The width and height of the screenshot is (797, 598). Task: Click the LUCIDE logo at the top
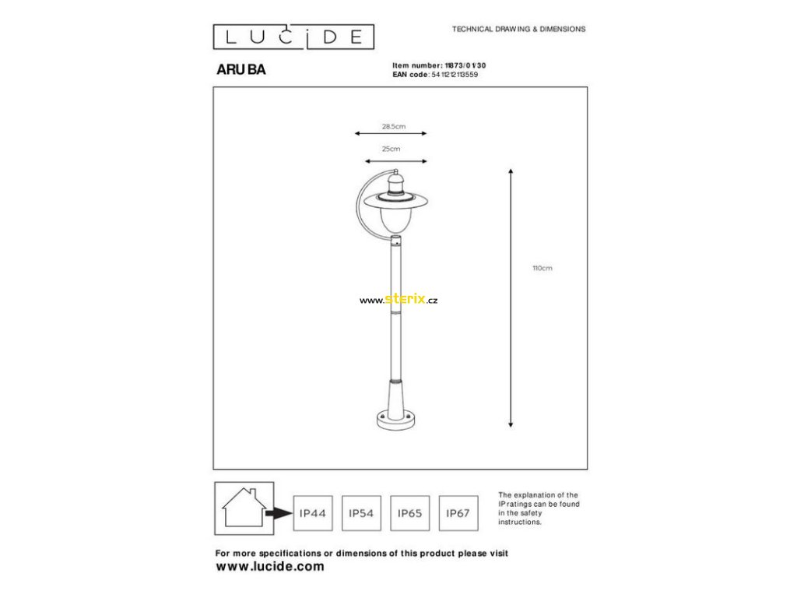click(x=293, y=37)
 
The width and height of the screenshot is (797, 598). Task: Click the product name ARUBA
click(x=241, y=69)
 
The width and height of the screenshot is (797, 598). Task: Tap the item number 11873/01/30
click(x=465, y=65)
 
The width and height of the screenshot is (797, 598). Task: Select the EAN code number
click(x=455, y=75)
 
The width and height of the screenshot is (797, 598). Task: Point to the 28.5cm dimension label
click(x=394, y=127)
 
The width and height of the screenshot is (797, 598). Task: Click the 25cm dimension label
click(x=391, y=149)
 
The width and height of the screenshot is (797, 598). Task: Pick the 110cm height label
click(x=542, y=268)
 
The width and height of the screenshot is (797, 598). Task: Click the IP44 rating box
click(x=313, y=514)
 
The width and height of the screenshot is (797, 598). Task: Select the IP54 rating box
click(x=361, y=514)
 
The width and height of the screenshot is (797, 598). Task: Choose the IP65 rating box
click(x=409, y=514)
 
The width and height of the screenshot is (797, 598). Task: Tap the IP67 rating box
click(x=458, y=514)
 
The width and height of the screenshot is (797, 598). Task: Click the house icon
click(x=244, y=508)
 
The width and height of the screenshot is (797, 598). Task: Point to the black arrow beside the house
click(x=279, y=514)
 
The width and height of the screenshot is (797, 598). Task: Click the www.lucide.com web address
click(x=270, y=567)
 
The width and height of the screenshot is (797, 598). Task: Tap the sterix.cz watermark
click(x=398, y=300)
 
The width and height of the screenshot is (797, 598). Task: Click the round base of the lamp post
click(x=395, y=420)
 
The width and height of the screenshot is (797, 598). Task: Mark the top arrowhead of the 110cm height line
click(x=511, y=171)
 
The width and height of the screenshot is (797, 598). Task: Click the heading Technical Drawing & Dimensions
click(x=519, y=30)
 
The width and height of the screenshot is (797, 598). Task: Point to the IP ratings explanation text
click(x=539, y=508)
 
